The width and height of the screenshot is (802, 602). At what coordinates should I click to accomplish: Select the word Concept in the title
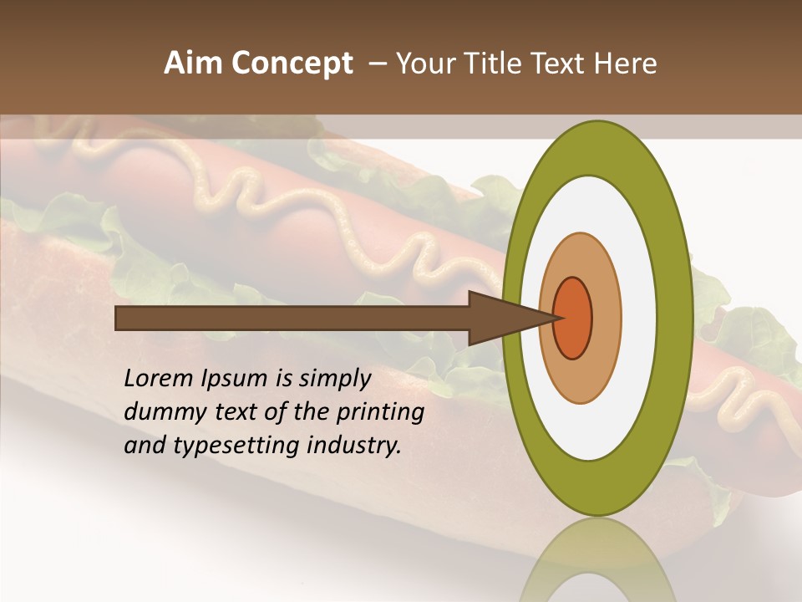click(x=292, y=64)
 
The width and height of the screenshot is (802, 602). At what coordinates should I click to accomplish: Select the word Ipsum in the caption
click(x=236, y=379)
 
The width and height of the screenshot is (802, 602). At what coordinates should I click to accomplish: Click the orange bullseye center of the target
click(x=573, y=318)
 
